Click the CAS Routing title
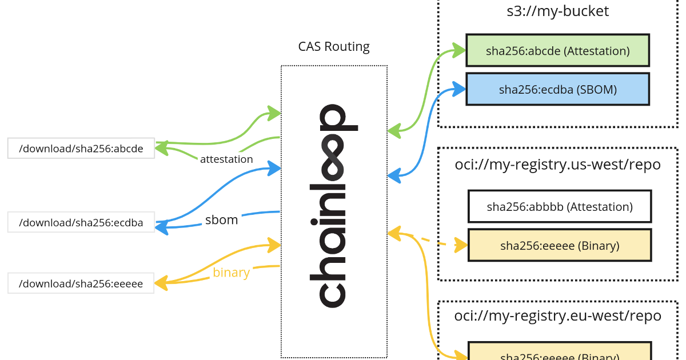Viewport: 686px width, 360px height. tap(334, 46)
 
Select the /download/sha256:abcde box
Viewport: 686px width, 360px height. tap(81, 149)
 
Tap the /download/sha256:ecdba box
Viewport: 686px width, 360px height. tap(81, 222)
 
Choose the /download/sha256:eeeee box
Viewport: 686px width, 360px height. tap(81, 283)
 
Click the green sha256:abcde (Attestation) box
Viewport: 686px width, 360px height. tap(557, 50)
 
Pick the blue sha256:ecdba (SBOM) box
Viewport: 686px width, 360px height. tap(557, 89)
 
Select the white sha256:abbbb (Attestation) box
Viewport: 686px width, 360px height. tap(559, 206)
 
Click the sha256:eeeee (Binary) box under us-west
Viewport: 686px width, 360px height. tap(559, 246)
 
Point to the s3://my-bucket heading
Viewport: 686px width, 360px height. tap(557, 11)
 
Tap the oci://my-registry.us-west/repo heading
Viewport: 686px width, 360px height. tap(557, 165)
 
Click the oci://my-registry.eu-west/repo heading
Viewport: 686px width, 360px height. tap(557, 315)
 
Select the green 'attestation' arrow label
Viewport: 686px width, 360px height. tap(226, 159)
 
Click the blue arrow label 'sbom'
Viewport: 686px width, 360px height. tap(221, 219)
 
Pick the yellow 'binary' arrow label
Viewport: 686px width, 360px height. tap(231, 273)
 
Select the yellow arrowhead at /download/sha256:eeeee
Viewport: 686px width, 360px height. tap(161, 282)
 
